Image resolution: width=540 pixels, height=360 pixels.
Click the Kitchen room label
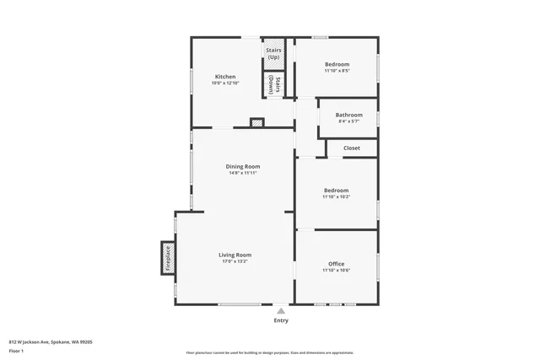pos(225,77)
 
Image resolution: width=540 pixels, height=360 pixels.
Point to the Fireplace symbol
pos(167,257)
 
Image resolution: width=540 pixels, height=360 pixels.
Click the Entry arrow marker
pos(281,310)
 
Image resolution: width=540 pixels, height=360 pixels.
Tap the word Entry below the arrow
pos(281,320)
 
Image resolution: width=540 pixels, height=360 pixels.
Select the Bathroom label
pos(348,115)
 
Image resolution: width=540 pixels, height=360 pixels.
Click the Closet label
pos(352,148)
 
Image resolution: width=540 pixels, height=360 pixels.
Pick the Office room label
pos(336,264)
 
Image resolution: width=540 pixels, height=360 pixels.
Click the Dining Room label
pos(242,166)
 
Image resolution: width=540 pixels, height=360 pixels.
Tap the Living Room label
pos(235,255)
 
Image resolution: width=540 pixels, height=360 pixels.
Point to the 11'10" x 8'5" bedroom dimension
pos(337,71)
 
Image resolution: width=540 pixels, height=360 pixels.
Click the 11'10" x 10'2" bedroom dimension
pos(336,197)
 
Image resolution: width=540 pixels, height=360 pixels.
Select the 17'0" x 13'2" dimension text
pos(235,261)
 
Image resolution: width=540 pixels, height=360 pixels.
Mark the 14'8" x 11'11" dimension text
pos(242,173)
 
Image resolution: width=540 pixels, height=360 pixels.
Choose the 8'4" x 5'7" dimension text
pos(348,121)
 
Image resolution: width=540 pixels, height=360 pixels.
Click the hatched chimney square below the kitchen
pos(257,123)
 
